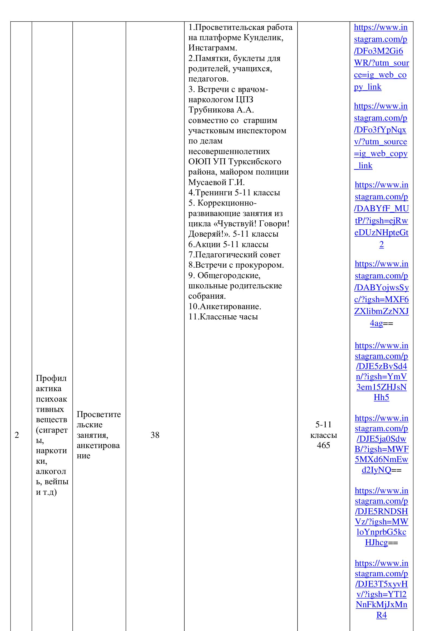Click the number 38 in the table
click(x=155, y=435)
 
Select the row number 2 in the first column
click(x=17, y=435)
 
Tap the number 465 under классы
click(x=323, y=445)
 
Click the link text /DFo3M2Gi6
click(x=378, y=51)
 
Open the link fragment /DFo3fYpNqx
click(x=380, y=130)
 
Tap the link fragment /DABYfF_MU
click(x=382, y=209)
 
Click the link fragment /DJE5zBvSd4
click(x=382, y=366)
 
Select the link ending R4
click(x=382, y=615)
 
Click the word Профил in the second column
click(x=51, y=378)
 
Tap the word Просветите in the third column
click(x=99, y=414)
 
